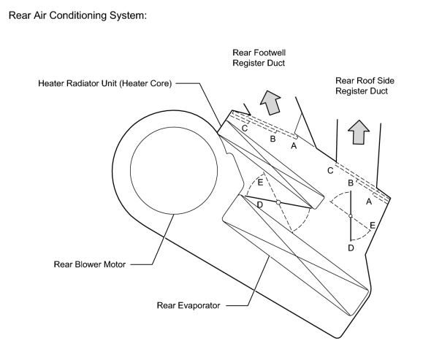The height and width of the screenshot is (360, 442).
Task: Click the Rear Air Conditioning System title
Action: pyautogui.click(x=77, y=15)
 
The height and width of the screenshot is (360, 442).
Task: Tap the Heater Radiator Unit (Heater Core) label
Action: pyautogui.click(x=105, y=84)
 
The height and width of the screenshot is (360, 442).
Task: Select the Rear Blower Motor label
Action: pyautogui.click(x=90, y=264)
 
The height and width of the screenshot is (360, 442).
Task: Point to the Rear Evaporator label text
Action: pyautogui.click(x=188, y=306)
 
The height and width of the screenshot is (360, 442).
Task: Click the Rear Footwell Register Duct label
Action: pyautogui.click(x=259, y=58)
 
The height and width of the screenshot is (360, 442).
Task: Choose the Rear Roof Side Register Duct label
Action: pyautogui.click(x=365, y=86)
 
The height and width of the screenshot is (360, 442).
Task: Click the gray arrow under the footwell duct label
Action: pyautogui.click(x=270, y=103)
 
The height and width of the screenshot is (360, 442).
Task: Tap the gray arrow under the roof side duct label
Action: pyautogui.click(x=359, y=132)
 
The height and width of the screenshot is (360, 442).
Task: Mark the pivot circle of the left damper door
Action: pyautogui.click(x=278, y=202)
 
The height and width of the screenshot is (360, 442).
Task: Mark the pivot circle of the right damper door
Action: pyautogui.click(x=351, y=216)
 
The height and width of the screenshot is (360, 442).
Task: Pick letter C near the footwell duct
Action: pyautogui.click(x=245, y=129)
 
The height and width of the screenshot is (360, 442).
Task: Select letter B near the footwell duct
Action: pyautogui.click(x=273, y=139)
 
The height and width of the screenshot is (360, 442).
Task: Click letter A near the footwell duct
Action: pyautogui.click(x=294, y=146)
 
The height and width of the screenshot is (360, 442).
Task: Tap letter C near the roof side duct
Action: pyautogui.click(x=330, y=171)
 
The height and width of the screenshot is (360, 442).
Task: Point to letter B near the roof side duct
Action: pyautogui.click(x=351, y=183)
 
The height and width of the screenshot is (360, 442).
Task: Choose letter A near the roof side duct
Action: pyautogui.click(x=369, y=202)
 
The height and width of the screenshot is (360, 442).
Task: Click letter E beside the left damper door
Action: pyautogui.click(x=261, y=183)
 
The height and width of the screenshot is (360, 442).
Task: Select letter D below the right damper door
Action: pyautogui.click(x=351, y=248)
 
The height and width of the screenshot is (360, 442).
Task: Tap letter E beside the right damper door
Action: pyautogui.click(x=373, y=226)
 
